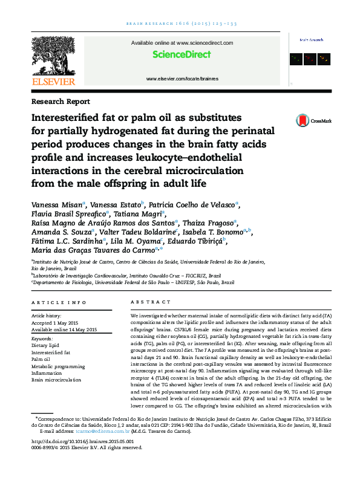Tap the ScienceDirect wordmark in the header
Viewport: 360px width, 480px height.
pos(182,54)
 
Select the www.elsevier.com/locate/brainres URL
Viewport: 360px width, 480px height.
pos(182,79)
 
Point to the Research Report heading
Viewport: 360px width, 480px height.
pos(61,102)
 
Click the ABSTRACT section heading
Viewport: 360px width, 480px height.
pos(146,302)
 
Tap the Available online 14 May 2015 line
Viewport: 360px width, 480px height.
pos(64,330)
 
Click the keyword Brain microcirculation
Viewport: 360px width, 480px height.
pos(56,380)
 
